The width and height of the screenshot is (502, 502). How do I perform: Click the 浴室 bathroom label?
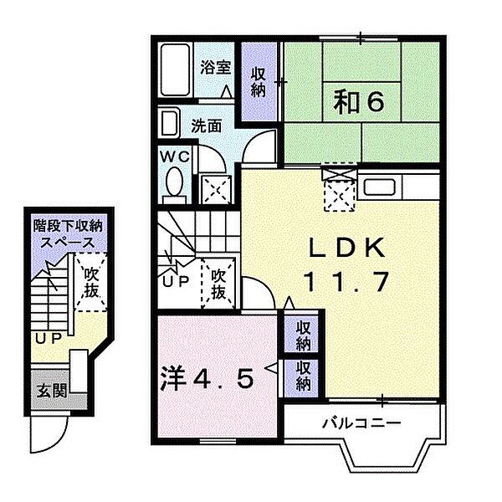(216, 67)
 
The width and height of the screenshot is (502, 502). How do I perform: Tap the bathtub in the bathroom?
(175, 69)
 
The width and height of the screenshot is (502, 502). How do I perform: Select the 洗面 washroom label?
(207, 125)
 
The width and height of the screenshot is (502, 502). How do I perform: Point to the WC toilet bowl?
(175, 185)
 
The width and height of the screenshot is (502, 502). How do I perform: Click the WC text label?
(175, 157)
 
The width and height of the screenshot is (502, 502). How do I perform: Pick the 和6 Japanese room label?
(359, 102)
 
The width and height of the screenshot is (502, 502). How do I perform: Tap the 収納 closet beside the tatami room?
(259, 82)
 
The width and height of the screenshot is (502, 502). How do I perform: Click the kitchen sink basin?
(379, 187)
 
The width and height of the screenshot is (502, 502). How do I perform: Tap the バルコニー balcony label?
(361, 423)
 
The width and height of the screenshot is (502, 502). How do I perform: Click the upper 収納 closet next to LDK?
(303, 335)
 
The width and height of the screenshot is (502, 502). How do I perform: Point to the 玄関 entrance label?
(52, 390)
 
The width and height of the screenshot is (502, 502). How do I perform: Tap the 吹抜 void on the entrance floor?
(91, 283)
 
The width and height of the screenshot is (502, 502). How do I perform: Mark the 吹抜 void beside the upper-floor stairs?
(218, 284)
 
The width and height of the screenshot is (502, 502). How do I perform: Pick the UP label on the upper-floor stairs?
(176, 282)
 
